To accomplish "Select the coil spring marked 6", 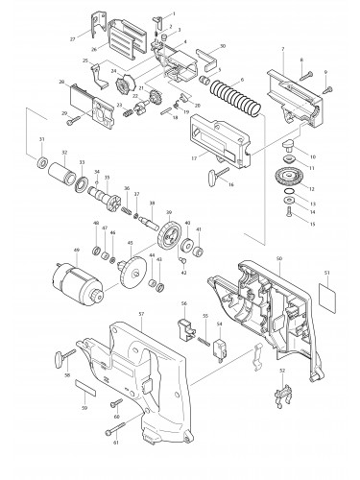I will coord(230,100).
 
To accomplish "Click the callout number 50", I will coord(278,233).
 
